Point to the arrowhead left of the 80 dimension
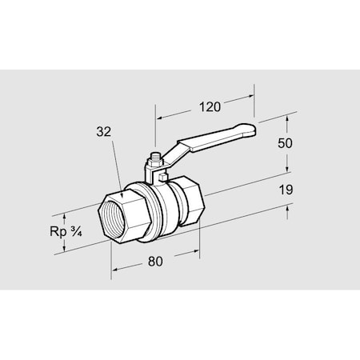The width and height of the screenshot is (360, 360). [114, 268]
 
